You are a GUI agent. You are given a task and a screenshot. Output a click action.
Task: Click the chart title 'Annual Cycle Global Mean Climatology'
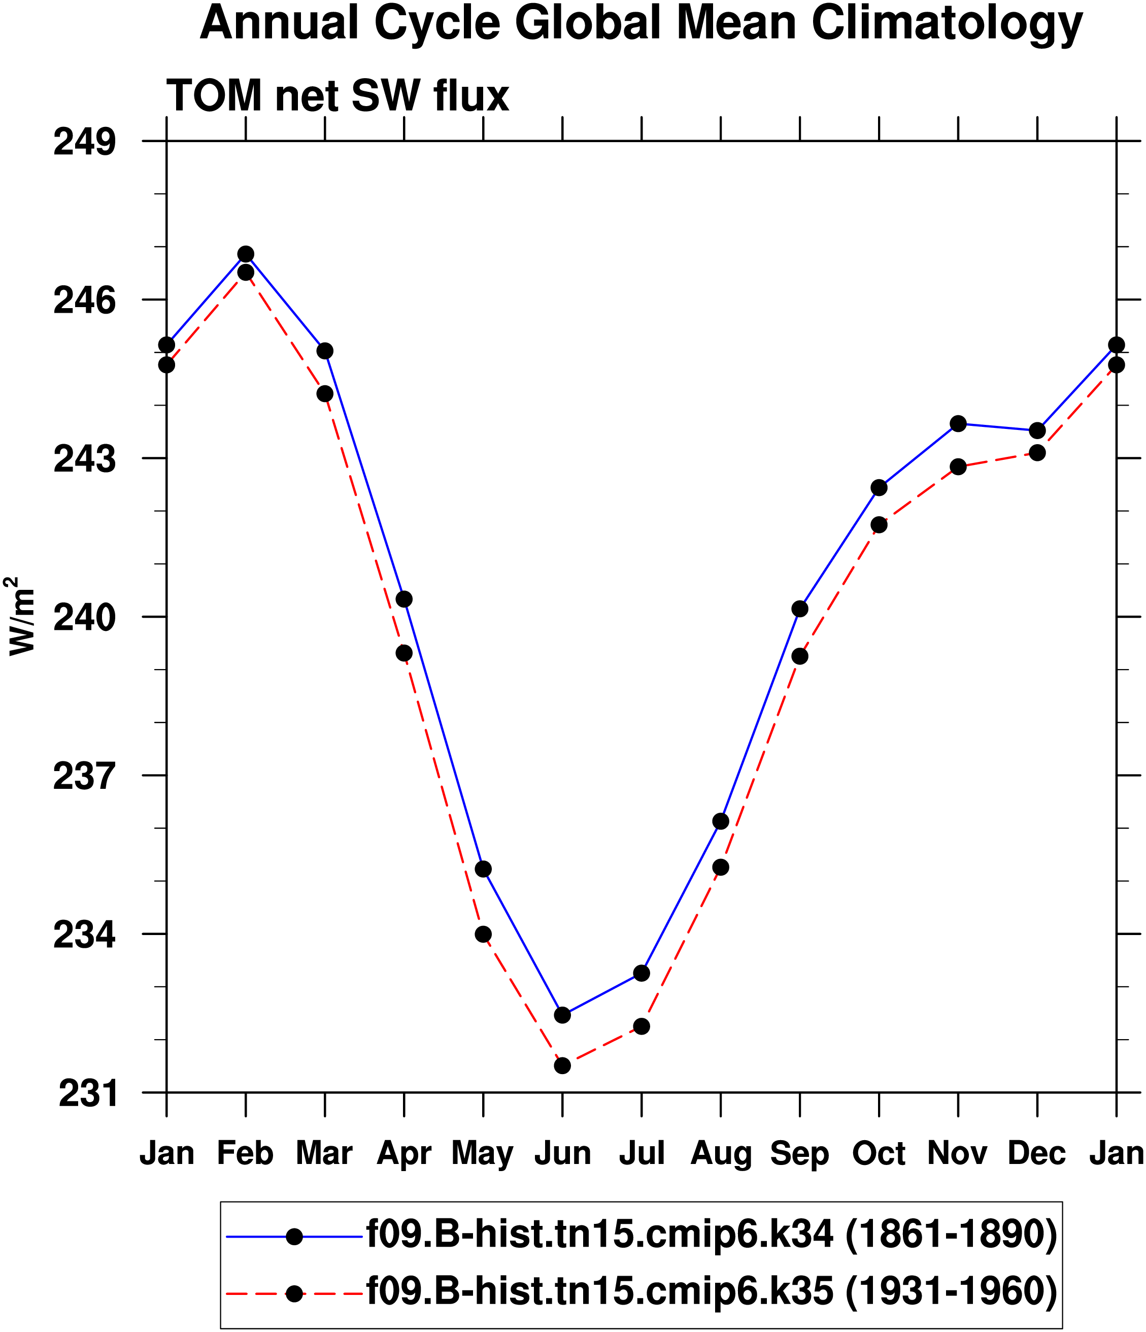click(x=642, y=24)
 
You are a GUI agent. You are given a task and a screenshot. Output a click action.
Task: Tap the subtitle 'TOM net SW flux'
click(x=338, y=96)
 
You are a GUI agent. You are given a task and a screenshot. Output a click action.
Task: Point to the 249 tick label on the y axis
click(x=85, y=142)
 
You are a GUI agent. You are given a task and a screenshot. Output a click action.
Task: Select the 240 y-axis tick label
click(x=85, y=618)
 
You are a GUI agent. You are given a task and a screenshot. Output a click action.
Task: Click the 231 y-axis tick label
click(x=88, y=1093)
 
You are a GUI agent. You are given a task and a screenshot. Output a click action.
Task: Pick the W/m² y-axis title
click(x=21, y=617)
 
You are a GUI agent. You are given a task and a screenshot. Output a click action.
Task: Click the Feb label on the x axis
click(x=245, y=1153)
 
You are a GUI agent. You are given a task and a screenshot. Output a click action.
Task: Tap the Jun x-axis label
click(x=562, y=1153)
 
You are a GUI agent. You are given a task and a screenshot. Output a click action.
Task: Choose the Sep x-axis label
click(x=799, y=1153)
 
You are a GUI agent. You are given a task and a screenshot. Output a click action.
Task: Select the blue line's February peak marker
click(x=246, y=254)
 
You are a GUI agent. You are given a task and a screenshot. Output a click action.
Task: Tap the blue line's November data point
click(x=958, y=424)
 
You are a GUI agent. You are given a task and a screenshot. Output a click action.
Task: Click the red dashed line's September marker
click(x=799, y=656)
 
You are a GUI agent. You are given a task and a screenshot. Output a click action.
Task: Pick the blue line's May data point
click(x=483, y=869)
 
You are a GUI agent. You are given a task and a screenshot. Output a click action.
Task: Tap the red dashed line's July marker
click(x=642, y=1026)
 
